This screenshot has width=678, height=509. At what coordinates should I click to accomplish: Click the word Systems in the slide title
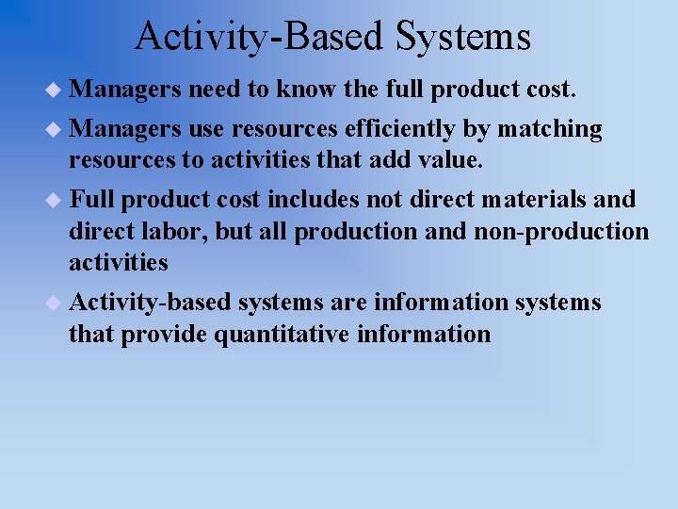pos(463,38)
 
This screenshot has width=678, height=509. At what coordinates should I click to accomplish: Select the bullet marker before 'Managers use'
pos(55,128)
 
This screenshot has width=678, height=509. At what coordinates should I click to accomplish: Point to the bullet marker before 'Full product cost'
pos(55,200)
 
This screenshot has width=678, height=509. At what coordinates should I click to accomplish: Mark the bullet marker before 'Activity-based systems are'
pos(55,303)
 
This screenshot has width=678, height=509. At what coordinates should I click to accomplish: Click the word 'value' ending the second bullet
pos(449,160)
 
